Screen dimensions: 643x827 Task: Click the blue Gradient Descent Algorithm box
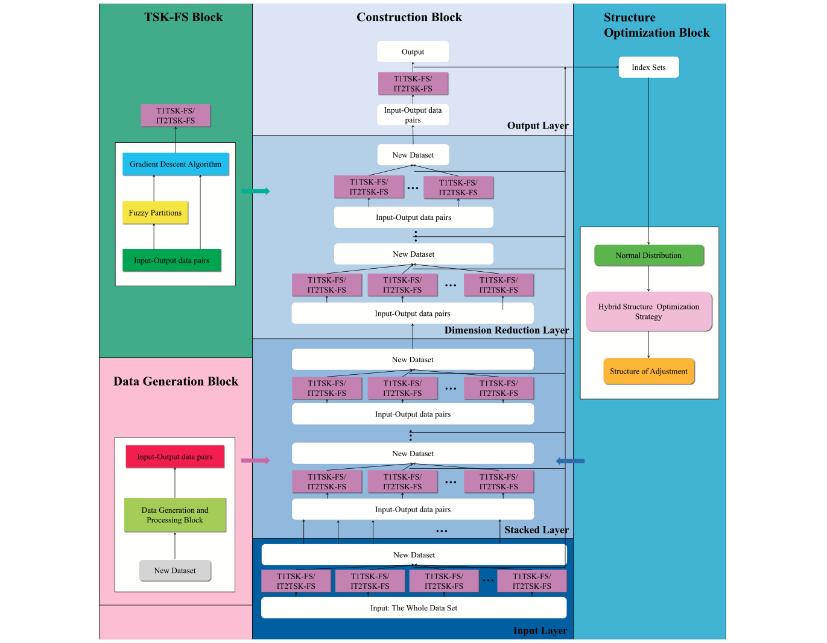(x=176, y=164)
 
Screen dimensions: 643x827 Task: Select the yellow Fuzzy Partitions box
(x=155, y=213)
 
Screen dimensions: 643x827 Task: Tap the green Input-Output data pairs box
(x=171, y=260)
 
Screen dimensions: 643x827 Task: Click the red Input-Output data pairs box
(x=175, y=457)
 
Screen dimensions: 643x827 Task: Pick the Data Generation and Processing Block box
(x=175, y=515)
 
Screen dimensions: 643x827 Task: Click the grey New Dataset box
(x=175, y=571)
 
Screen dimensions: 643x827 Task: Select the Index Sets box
(x=648, y=67)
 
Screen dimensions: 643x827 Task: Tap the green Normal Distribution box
(x=648, y=256)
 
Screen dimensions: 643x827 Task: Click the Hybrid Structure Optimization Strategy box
(x=648, y=312)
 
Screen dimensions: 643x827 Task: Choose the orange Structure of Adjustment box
(x=648, y=371)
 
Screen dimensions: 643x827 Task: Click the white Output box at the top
(x=413, y=52)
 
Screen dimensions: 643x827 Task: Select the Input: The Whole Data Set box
(x=414, y=608)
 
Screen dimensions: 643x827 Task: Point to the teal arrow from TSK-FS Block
(x=255, y=191)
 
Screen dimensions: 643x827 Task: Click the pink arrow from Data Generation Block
(x=255, y=460)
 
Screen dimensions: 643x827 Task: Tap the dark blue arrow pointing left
(x=570, y=461)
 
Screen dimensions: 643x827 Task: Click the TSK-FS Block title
(x=183, y=17)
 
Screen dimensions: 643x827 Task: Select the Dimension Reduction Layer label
(x=506, y=330)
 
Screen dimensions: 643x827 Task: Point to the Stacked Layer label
(x=536, y=530)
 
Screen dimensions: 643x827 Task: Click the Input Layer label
(x=540, y=630)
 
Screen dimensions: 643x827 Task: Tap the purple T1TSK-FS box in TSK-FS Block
(x=176, y=116)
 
